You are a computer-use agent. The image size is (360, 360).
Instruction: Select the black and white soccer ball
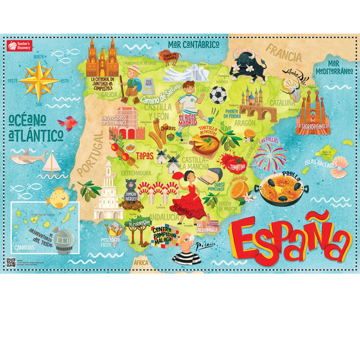pyautogui.click(x=218, y=94)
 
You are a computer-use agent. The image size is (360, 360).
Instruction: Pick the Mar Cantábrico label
pyautogui.click(x=194, y=44)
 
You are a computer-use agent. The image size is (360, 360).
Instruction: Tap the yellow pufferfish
pyautogui.click(x=58, y=197)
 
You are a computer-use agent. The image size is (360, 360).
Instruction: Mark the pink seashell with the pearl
pyautogui.click(x=339, y=168)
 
